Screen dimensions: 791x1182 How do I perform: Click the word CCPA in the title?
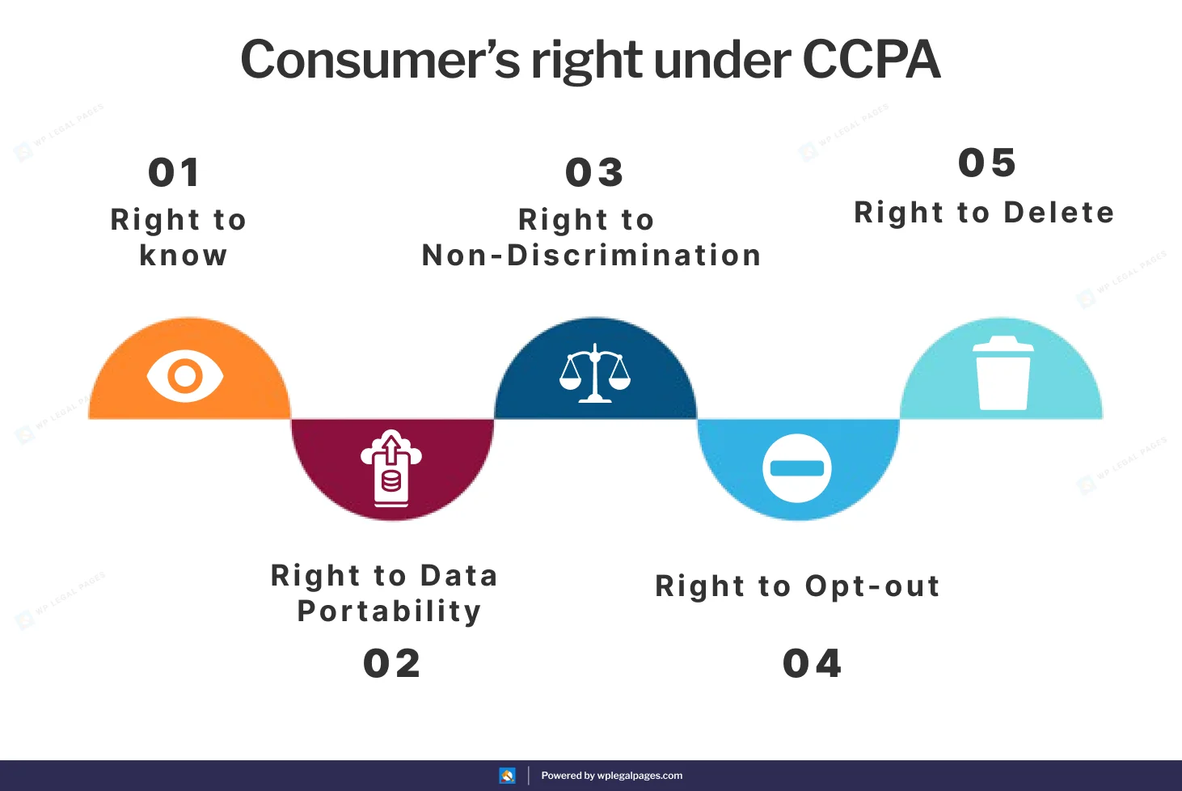[871, 60]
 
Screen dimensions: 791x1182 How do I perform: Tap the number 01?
[174, 173]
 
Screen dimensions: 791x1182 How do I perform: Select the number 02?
[392, 664]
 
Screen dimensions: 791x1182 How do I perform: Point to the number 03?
[594, 173]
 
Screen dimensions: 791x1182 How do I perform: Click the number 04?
[812, 664]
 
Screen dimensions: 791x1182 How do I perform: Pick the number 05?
[987, 163]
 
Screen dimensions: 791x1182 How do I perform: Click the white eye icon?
[185, 376]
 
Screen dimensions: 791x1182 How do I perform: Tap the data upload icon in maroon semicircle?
[391, 468]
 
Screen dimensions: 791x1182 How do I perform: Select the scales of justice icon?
[595, 374]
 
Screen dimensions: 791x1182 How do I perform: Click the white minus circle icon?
[796, 468]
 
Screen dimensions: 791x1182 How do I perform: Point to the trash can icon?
[1003, 373]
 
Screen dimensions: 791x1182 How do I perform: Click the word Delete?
[1059, 213]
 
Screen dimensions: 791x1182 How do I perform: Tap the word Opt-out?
[873, 586]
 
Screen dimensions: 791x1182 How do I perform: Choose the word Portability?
[390, 611]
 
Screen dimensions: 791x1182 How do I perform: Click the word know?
[184, 256]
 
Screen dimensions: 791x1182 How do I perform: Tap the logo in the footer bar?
[507, 776]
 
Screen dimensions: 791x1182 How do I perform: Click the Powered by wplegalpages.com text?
[611, 776]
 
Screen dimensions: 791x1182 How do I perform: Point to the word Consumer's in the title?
[380, 60]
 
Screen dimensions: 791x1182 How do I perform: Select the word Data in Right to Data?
[458, 576]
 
